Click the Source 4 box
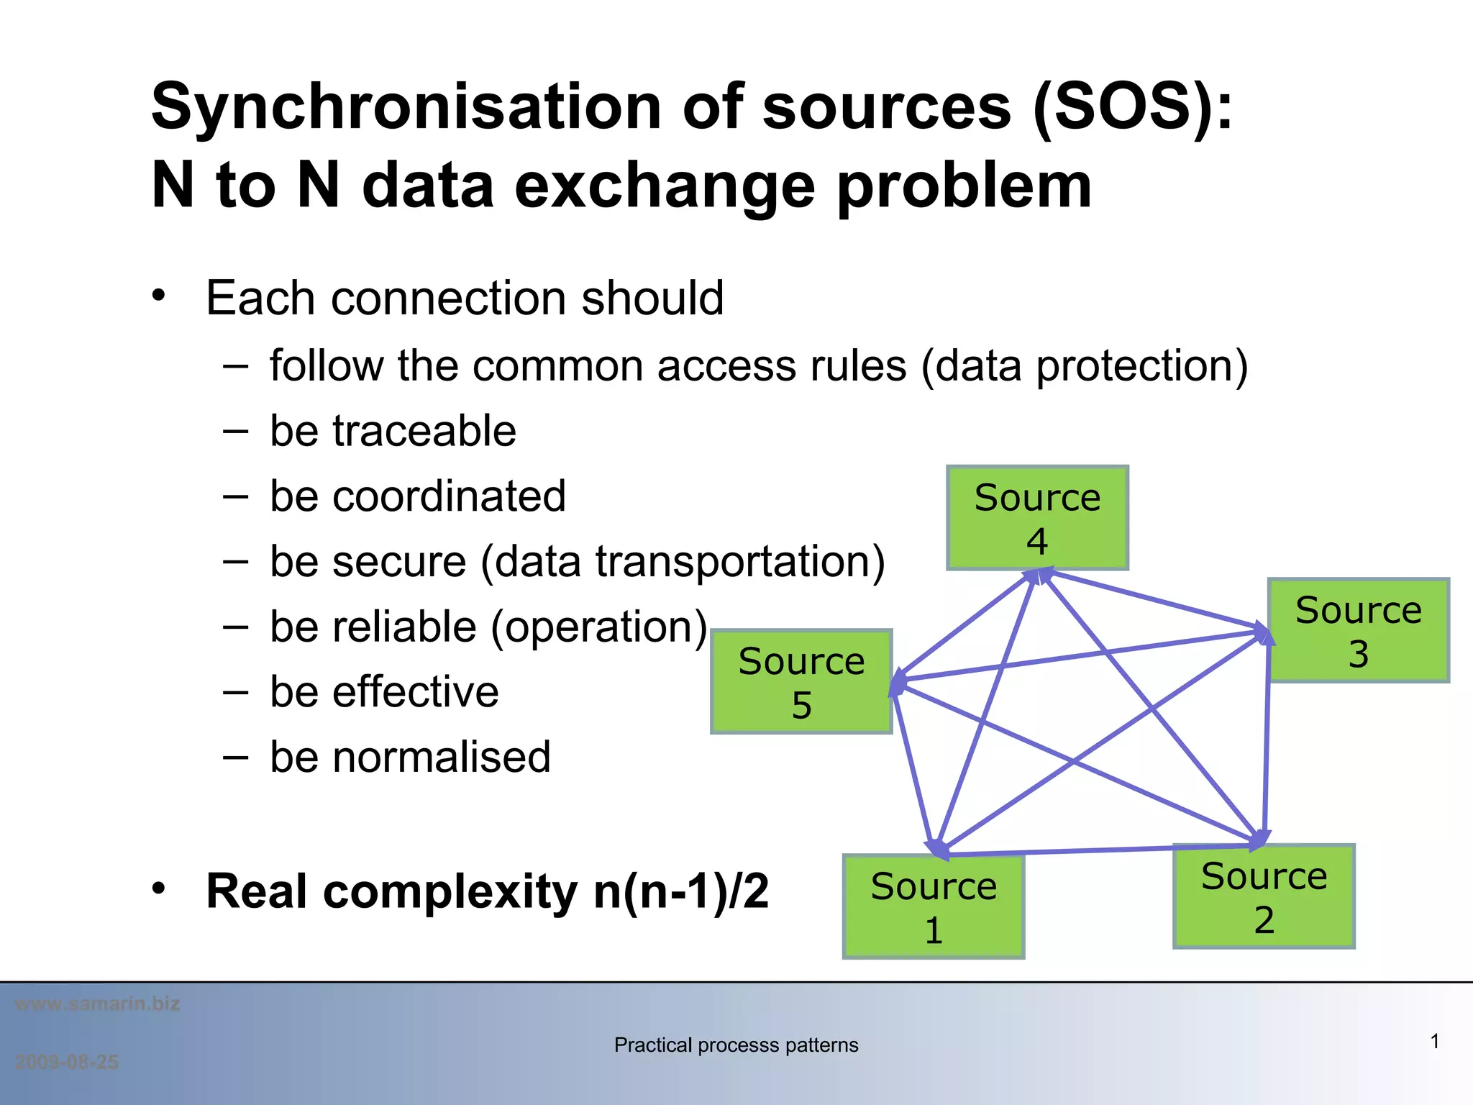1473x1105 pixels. coord(1037,518)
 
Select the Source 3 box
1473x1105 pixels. coord(1358,630)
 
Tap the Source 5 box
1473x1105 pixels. coord(801,681)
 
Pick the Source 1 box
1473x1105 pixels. coord(934,906)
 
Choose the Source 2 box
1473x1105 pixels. coord(1264,896)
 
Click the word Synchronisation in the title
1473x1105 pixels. coord(406,108)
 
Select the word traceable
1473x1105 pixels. coord(424,431)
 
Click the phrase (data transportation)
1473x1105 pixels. coord(683,562)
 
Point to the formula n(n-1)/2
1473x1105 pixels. coord(681,891)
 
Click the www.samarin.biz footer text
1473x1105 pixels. coord(97,1004)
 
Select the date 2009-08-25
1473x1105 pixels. coord(66,1062)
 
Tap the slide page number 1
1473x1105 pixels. coord(1434,1041)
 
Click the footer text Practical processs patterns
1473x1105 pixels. coord(736,1045)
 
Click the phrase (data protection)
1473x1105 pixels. coord(1085,366)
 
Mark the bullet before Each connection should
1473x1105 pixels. coord(159,295)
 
